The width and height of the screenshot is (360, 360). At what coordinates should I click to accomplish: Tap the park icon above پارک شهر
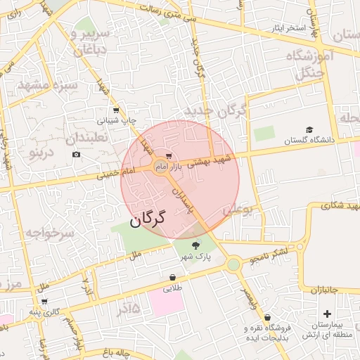coord(195,245)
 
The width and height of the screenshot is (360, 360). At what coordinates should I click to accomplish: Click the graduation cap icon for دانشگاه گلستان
coord(309,130)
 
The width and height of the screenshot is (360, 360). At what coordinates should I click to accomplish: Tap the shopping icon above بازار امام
coord(169,156)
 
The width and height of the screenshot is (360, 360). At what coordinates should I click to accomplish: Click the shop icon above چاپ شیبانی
coord(116,110)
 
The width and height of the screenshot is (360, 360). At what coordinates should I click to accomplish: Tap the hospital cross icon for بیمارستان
coord(326,314)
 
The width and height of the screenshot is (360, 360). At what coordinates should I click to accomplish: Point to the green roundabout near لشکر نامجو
coord(233,264)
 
